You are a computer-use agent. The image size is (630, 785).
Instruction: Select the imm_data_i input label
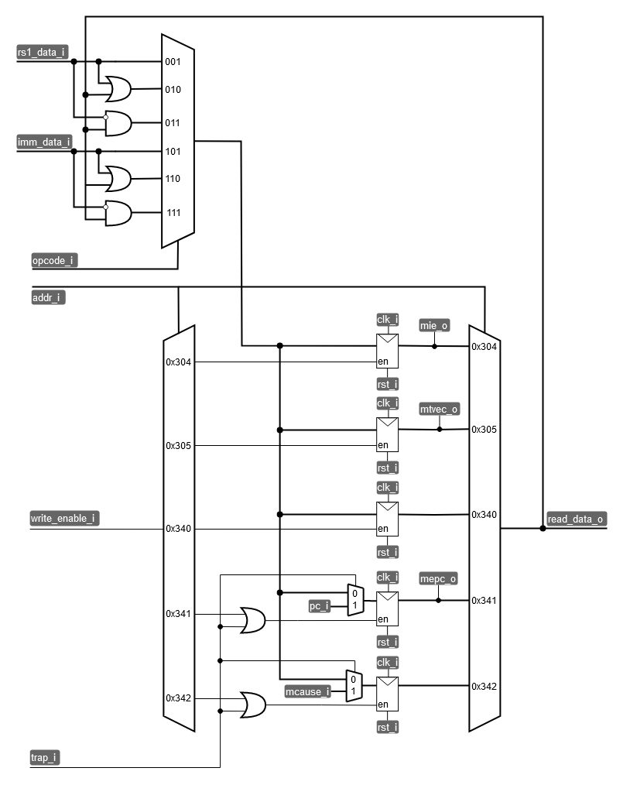pyautogui.click(x=44, y=142)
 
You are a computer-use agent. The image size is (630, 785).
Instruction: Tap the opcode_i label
pyautogui.click(x=53, y=260)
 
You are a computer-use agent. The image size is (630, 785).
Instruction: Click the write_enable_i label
pyautogui.click(x=64, y=518)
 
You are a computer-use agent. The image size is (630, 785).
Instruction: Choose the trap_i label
pyautogui.click(x=44, y=757)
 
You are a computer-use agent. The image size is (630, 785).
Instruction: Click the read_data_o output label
pyautogui.click(x=575, y=519)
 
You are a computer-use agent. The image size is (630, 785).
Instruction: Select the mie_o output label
pyautogui.click(x=434, y=326)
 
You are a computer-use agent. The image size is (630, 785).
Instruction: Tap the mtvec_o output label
pyautogui.click(x=439, y=409)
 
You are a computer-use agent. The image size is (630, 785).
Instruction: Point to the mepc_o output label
pyautogui.click(x=438, y=578)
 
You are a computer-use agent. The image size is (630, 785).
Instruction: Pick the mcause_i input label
pyautogui.click(x=307, y=691)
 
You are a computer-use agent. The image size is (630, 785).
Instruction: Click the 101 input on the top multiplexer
pyautogui.click(x=173, y=152)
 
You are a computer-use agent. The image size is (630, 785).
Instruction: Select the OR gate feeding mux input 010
pyautogui.click(x=118, y=89)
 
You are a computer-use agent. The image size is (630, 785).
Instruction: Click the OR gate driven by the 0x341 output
pyautogui.click(x=252, y=621)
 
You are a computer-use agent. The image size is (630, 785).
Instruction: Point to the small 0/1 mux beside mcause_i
pyautogui.click(x=353, y=684)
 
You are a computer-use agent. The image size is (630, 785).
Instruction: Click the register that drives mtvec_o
pyautogui.click(x=387, y=435)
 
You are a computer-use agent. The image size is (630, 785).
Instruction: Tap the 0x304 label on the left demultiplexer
pyautogui.click(x=178, y=362)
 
